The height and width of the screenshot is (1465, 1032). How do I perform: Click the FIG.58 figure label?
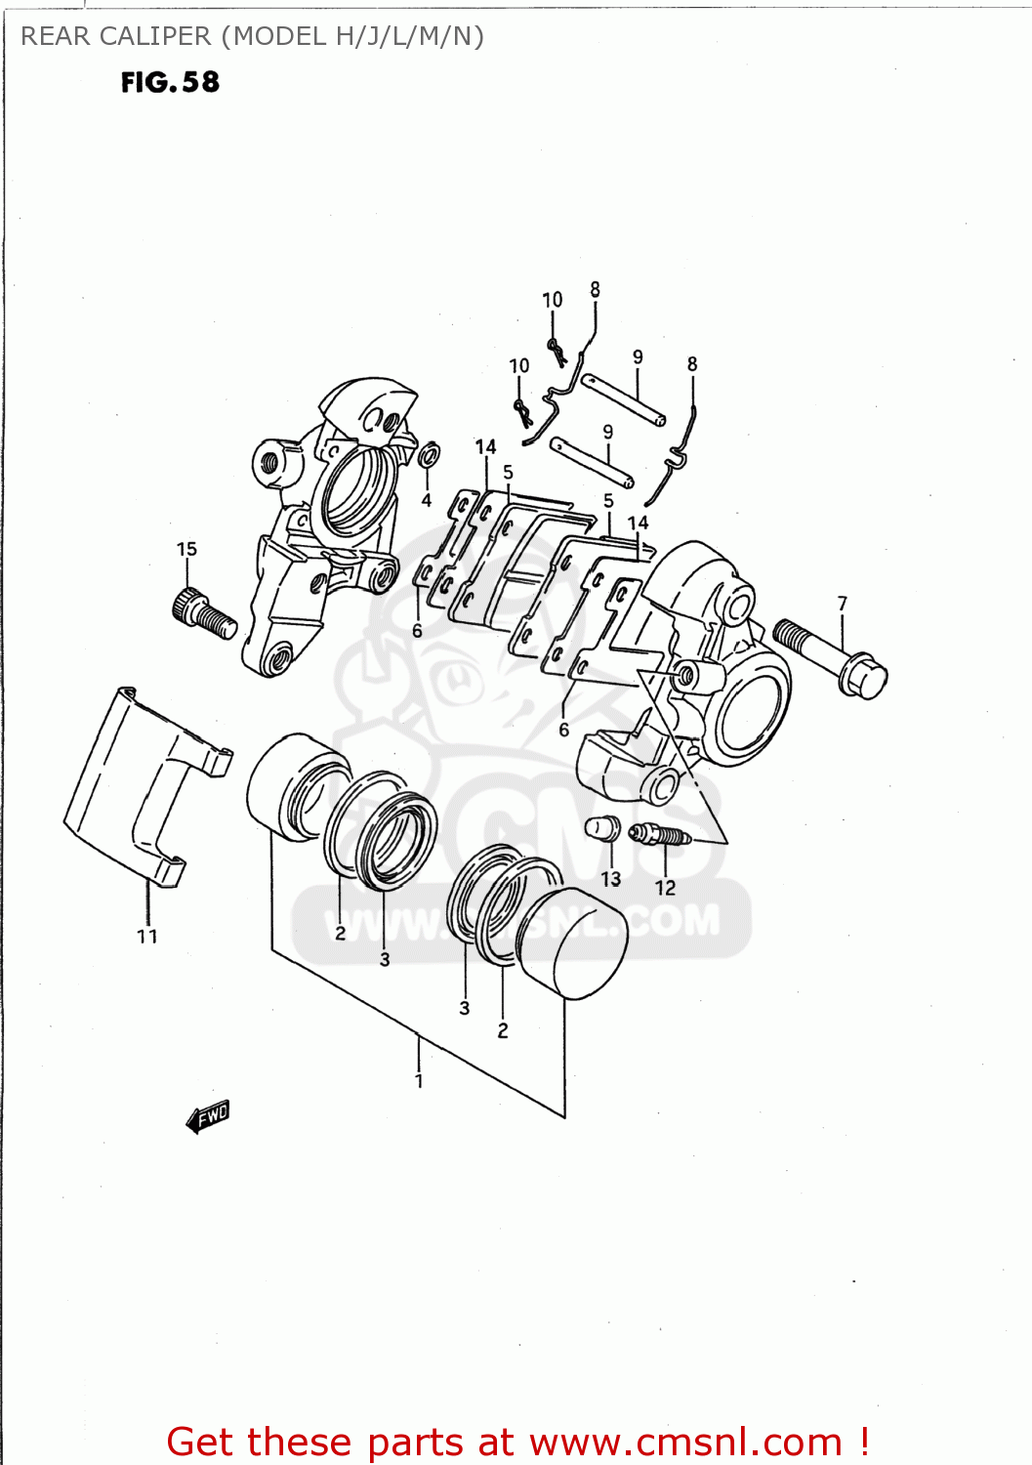[170, 82]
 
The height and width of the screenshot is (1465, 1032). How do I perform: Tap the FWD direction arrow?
[208, 1116]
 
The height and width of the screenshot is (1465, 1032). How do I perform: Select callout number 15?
[186, 549]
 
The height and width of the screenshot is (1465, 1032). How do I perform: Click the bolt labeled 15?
[204, 612]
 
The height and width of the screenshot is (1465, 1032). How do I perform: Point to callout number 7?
[843, 604]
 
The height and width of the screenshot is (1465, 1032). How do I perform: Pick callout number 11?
[147, 936]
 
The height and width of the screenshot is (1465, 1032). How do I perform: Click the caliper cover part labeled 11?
[137, 781]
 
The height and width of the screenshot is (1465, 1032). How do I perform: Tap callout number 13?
[611, 879]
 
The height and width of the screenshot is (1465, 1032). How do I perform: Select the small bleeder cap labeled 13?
[602, 829]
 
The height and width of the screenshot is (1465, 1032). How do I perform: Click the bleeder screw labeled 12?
[660, 835]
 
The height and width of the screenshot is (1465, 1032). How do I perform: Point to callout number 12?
[666, 887]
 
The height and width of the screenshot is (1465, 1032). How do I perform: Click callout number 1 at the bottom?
[419, 1080]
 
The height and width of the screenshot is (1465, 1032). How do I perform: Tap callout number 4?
[427, 500]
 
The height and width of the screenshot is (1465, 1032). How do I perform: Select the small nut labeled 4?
[429, 455]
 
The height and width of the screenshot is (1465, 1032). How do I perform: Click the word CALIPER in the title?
[156, 36]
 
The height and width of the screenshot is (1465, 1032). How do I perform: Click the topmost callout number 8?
[596, 289]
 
